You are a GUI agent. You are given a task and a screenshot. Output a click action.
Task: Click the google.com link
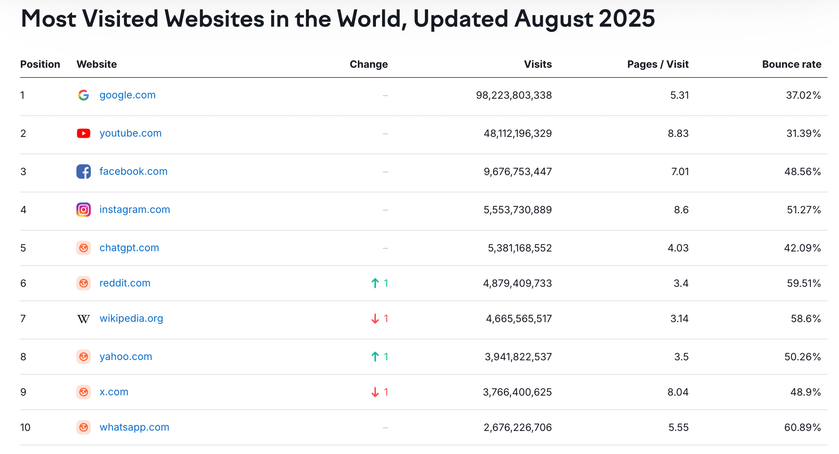click(127, 95)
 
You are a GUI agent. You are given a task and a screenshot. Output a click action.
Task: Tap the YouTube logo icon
click(84, 133)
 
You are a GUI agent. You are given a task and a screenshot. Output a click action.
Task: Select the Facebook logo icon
click(84, 172)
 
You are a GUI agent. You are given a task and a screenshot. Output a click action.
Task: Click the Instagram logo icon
click(84, 210)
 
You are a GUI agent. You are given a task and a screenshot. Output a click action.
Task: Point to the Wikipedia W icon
click(84, 319)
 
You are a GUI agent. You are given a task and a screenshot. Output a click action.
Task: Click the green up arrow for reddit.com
click(375, 283)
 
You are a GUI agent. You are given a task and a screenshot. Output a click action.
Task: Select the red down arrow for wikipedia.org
click(375, 319)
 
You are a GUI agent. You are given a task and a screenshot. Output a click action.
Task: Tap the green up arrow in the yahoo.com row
click(375, 357)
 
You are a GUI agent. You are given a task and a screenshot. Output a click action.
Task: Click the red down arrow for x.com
click(375, 392)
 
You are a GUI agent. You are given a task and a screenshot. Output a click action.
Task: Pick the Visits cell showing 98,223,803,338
click(514, 95)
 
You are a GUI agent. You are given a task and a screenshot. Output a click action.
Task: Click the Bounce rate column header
click(791, 64)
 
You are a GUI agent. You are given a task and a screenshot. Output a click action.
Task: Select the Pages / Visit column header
click(658, 64)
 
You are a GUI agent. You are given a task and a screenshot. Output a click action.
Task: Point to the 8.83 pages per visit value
click(678, 134)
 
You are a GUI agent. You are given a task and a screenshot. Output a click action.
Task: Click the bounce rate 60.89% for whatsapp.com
click(802, 428)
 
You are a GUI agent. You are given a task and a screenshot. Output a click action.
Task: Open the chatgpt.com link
click(129, 248)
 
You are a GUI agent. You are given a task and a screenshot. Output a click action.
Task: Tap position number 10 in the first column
click(25, 428)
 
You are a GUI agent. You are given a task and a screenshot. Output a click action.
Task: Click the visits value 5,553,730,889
click(518, 210)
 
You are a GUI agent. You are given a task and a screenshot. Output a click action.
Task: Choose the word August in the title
click(554, 19)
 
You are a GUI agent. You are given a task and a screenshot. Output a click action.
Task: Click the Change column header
click(368, 64)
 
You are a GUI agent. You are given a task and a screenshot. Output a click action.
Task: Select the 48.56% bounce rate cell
click(802, 172)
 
